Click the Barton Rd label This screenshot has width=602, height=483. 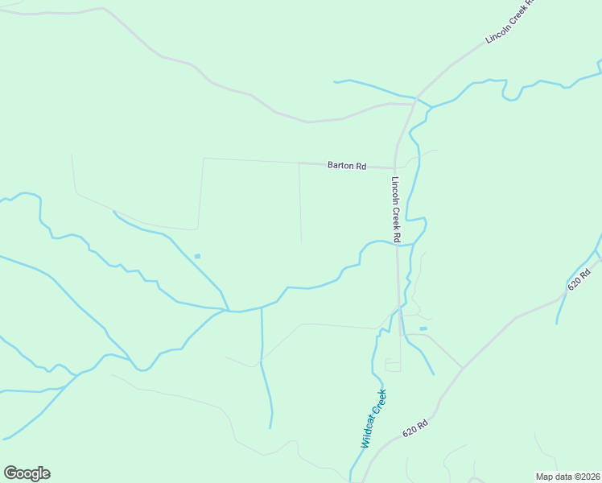click(347, 166)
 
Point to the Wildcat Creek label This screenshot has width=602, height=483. click(373, 419)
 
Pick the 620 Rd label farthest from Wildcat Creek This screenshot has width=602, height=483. click(579, 279)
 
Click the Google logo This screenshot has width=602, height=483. click(27, 473)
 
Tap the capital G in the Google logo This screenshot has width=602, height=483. click(10, 473)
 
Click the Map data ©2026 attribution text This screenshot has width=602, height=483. click(567, 476)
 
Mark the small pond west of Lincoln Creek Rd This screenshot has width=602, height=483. click(197, 257)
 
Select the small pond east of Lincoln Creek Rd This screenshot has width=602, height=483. click(423, 328)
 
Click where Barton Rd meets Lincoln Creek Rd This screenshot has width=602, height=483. click(395, 167)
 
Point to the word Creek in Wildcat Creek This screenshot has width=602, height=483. click(380, 402)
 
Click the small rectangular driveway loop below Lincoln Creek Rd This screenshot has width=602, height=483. click(393, 365)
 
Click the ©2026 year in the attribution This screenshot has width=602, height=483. click(584, 476)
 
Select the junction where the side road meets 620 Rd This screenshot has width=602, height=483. click(463, 368)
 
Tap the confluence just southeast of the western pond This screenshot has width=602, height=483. click(228, 310)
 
